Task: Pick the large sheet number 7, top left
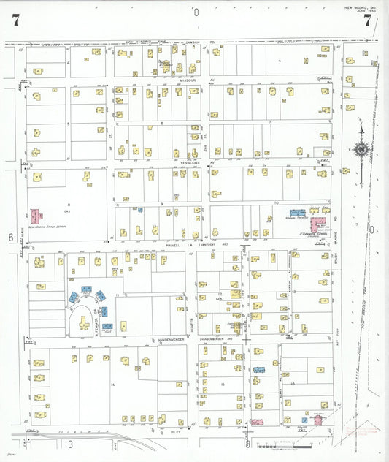pyautogui.click(x=15, y=20)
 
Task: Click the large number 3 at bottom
pyautogui.click(x=71, y=444)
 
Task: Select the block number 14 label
pyautogui.click(x=113, y=385)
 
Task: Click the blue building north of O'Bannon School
pyautogui.click(x=297, y=213)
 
